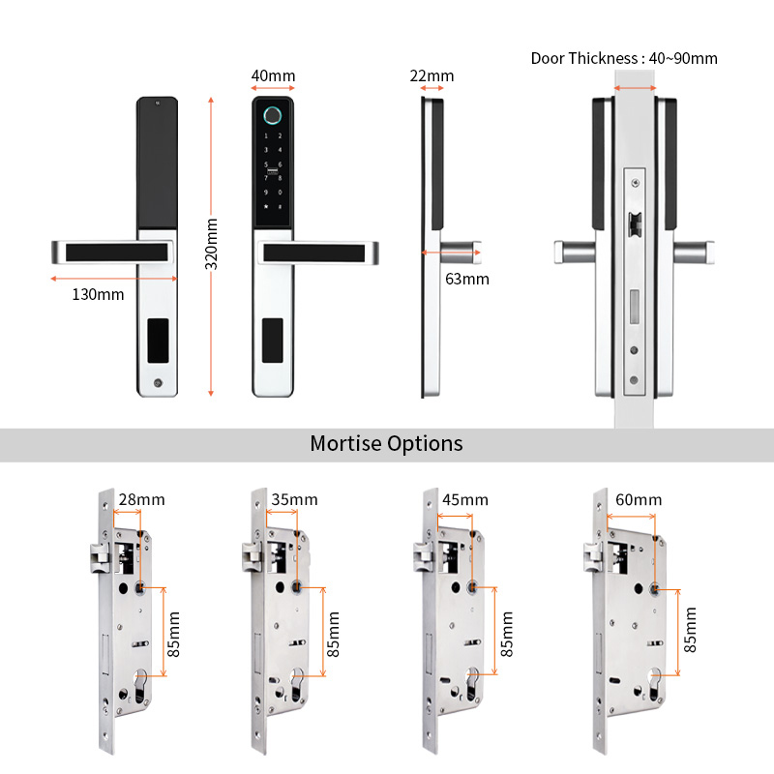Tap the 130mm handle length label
pos(98,294)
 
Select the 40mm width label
pos(273,76)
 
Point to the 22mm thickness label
pos(432,76)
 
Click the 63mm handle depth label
pos(466,280)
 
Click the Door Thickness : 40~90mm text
pos(624,58)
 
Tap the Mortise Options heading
pos(386,444)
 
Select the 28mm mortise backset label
pos(141,500)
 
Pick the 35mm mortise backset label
pos(294,500)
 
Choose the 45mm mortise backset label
pos(464,500)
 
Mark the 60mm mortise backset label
pos(639,500)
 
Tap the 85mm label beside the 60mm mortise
pos(691,629)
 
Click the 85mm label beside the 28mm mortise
pos(174,635)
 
